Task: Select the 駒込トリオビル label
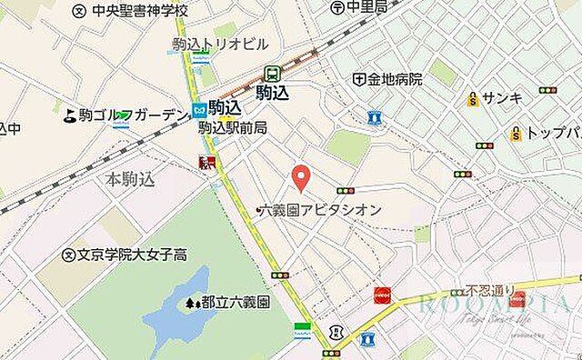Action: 220,44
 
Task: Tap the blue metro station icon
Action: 198,109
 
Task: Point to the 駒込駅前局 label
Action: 233,128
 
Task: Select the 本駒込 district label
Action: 130,179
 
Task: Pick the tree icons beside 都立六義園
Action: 192,302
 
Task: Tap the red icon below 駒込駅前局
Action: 207,163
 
